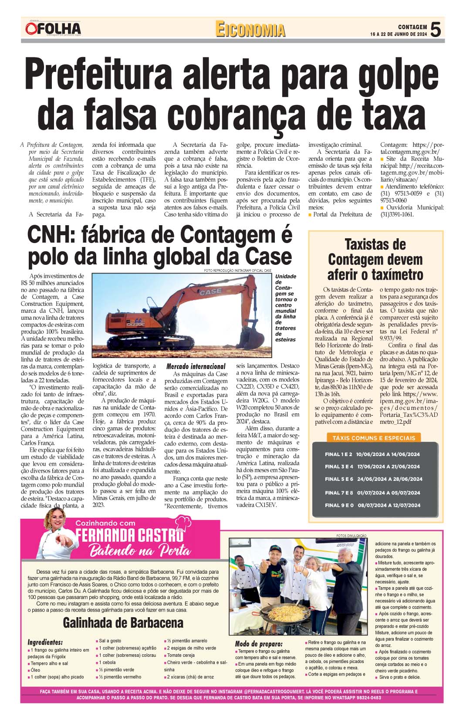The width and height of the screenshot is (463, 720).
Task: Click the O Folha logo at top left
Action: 53,29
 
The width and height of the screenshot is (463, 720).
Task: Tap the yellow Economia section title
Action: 250,30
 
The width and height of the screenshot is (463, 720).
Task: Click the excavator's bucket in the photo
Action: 257,338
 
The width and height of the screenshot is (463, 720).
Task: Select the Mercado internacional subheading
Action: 196,366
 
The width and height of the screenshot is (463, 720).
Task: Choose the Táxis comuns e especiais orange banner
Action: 374,438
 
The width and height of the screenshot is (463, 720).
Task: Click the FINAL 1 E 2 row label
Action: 338,454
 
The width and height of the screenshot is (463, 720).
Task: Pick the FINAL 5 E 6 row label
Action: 339,479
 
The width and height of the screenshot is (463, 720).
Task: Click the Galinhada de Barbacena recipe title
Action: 123,623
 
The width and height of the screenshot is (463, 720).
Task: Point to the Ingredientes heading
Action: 45,642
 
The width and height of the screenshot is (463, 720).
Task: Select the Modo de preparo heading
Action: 259,644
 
